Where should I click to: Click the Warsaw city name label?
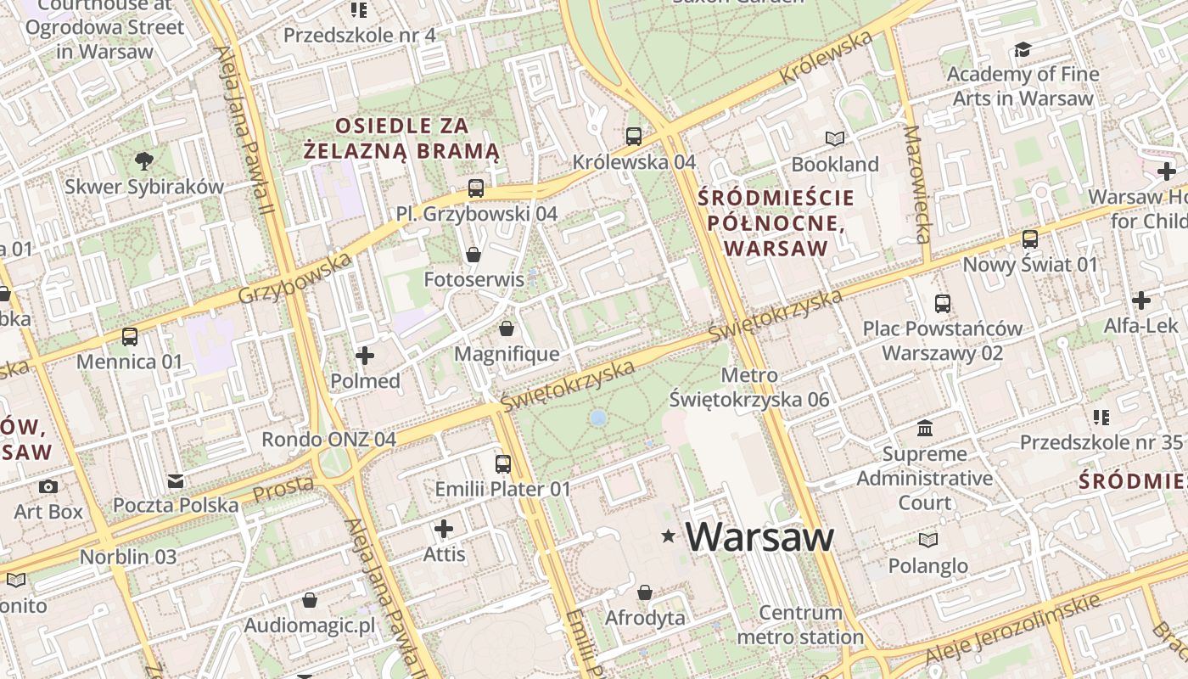click(x=759, y=537)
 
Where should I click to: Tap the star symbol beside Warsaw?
click(x=669, y=536)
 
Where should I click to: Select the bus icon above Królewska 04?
click(x=633, y=136)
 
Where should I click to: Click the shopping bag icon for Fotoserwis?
click(x=474, y=255)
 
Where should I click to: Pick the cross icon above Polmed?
click(x=365, y=356)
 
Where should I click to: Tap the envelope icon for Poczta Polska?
click(x=176, y=481)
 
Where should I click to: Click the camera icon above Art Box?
click(x=48, y=486)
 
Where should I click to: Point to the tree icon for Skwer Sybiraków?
click(x=144, y=160)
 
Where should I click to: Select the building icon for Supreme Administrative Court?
click(x=924, y=429)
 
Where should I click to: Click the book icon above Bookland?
click(x=835, y=138)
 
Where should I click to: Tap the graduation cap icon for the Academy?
click(x=1023, y=49)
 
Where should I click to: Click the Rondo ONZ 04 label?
click(x=328, y=440)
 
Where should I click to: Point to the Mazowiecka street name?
click(x=916, y=184)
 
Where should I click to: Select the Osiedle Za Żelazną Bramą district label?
click(x=401, y=139)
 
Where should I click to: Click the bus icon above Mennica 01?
click(x=129, y=337)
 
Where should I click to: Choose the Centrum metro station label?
click(x=799, y=625)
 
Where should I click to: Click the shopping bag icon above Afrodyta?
click(x=645, y=592)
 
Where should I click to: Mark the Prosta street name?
click(x=283, y=488)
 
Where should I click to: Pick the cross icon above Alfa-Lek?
click(x=1140, y=300)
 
